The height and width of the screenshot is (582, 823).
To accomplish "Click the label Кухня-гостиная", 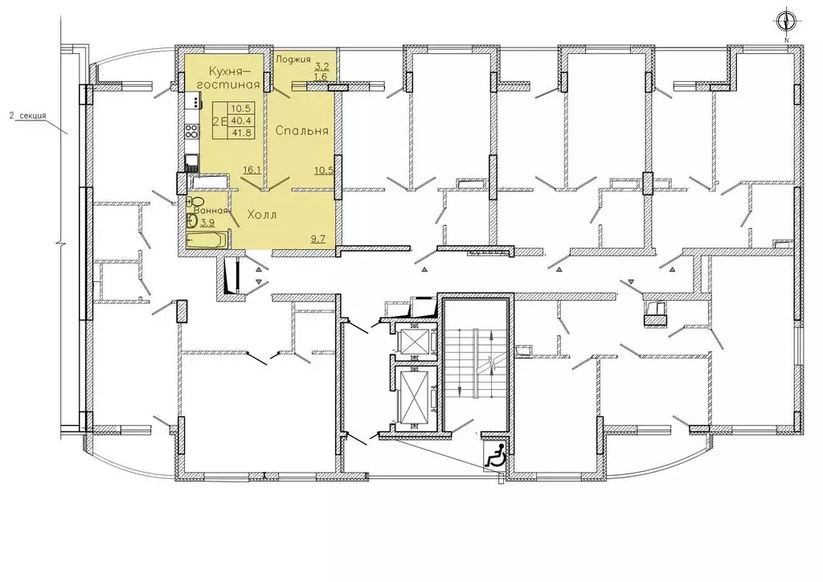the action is [234, 78].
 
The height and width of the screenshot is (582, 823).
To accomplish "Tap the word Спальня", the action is [302, 131].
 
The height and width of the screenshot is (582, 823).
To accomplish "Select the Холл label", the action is [261, 215].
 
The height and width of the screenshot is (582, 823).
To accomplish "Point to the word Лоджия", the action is [293, 59].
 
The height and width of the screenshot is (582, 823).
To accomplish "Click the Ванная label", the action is [211, 211].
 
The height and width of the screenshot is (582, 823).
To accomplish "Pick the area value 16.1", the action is [252, 170].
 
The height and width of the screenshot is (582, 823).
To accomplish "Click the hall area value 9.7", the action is [318, 239].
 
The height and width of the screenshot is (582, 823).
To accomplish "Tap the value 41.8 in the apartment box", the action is [242, 133].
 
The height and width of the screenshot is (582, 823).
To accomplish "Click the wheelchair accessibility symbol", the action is [495, 454].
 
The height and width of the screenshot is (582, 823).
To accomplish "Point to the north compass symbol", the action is [786, 22].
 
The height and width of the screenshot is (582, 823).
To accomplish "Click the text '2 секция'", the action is [28, 116].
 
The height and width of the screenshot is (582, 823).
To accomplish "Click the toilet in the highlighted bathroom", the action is [196, 202].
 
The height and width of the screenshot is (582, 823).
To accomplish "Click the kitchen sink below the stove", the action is [192, 160].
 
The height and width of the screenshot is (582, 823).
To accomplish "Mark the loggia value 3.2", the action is [321, 66].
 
